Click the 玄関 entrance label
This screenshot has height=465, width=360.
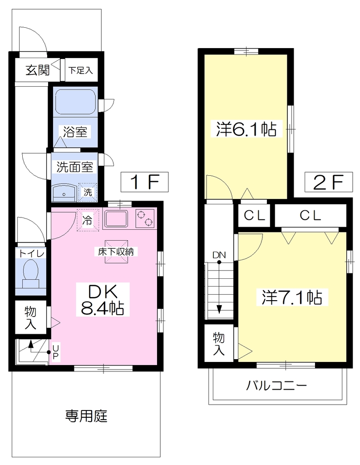pos(37,70)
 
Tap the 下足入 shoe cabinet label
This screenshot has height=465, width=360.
pos(81,70)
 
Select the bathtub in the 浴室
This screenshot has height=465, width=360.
pos(76,101)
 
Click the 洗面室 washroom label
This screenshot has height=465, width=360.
pos(75,167)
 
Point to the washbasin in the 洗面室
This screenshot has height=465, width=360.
pos(64,193)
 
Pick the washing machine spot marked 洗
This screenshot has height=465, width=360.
pos(88,192)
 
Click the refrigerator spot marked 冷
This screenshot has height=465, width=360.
pos(87,220)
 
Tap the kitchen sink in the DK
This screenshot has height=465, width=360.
pos(116,219)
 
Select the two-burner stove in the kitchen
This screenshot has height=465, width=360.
pos(145,218)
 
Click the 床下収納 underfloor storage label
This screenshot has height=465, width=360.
pos(116,252)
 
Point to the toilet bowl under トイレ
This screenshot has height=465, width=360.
pos(31,273)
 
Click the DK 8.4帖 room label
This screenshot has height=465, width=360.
pos(103,300)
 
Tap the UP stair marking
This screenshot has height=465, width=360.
pos(55,352)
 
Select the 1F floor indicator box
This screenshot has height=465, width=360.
pos(144,182)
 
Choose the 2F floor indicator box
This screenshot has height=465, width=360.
pos(329,182)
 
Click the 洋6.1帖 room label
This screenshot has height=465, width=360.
pos(246,129)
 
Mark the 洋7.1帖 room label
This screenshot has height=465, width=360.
pos(292,297)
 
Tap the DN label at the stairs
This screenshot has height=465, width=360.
pos(219,255)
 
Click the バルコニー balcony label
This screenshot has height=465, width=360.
pos(276,386)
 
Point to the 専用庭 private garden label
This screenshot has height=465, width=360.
pos(86,416)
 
